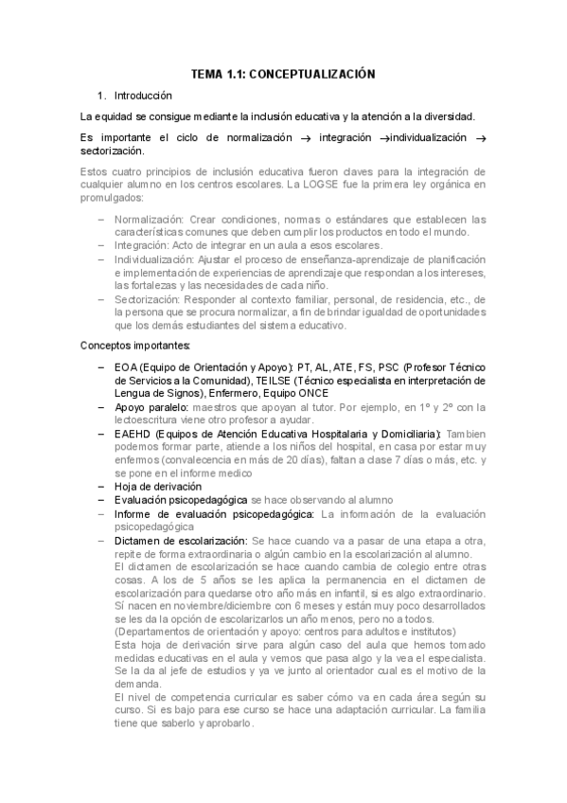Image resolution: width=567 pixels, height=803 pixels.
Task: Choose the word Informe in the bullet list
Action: click(134, 513)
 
